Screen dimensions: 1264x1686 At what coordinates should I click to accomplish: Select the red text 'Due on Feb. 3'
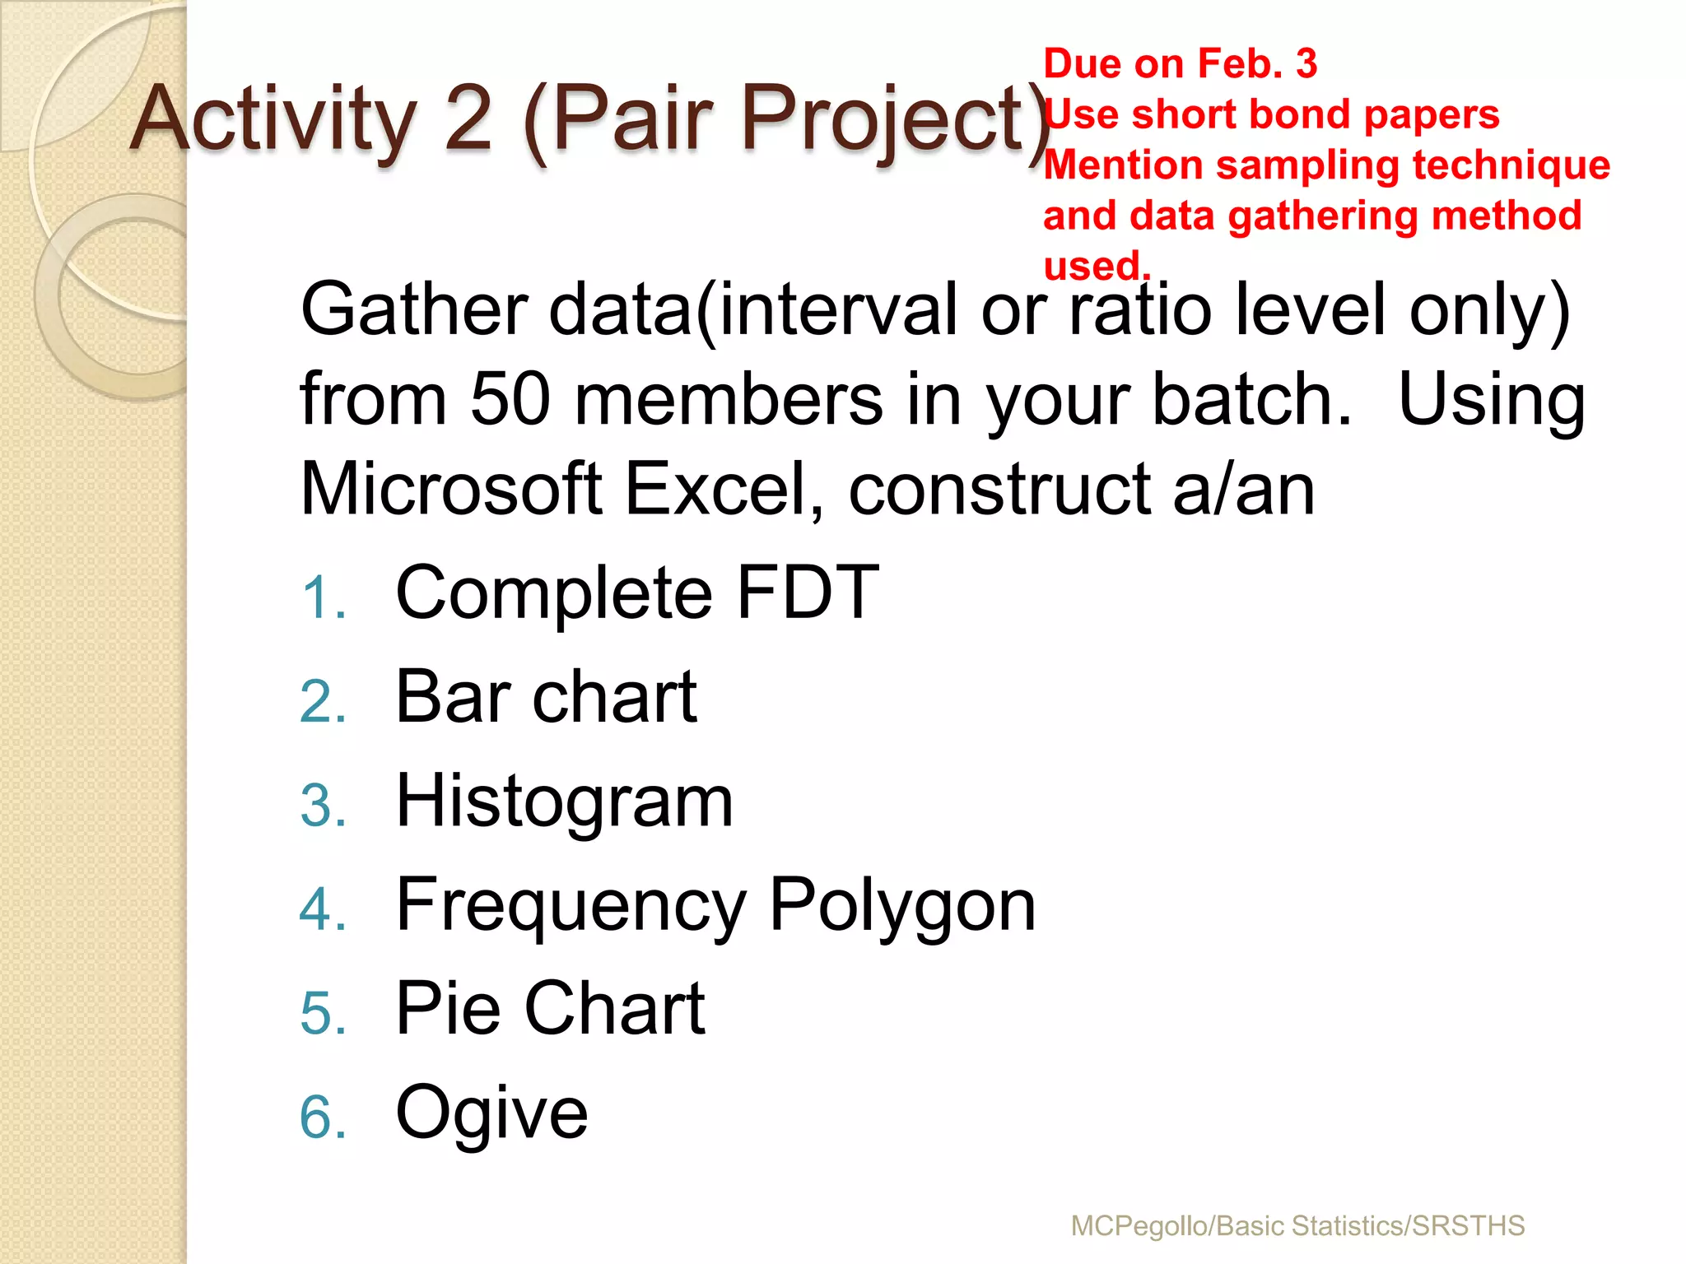pos(1180,63)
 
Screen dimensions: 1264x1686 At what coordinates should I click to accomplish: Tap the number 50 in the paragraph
pos(510,399)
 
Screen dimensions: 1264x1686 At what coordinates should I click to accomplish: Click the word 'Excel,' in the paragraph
pos(724,489)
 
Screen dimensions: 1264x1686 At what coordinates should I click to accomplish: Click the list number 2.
pos(322,702)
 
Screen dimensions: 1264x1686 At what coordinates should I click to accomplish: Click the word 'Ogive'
pos(491,1113)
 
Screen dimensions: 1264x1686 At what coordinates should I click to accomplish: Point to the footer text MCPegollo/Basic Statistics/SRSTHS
pos(1297,1225)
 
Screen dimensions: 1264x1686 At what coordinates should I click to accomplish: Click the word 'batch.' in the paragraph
pos(1251,399)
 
